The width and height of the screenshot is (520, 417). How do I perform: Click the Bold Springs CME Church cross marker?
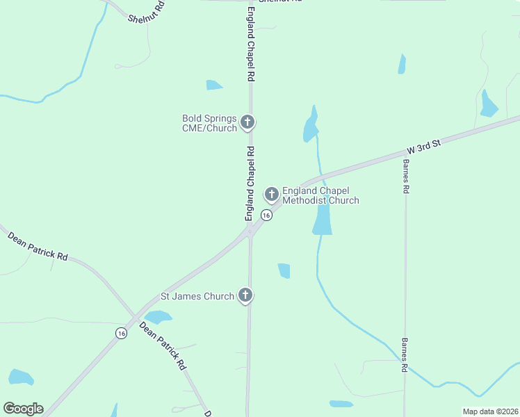[x=247, y=123]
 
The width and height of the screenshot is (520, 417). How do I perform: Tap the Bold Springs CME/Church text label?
[x=209, y=123]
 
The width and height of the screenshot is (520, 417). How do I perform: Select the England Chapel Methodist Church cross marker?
[x=272, y=193]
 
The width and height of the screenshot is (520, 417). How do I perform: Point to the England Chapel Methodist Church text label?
[x=320, y=195]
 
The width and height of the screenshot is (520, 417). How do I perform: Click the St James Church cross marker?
[x=245, y=295]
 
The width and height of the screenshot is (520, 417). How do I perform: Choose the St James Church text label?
[x=197, y=296]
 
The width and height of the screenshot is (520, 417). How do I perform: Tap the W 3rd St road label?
[x=424, y=145]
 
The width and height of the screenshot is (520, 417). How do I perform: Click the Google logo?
[x=23, y=409]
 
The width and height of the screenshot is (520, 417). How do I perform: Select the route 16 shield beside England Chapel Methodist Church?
[x=266, y=215]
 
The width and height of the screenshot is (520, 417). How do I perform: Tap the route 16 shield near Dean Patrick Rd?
[x=122, y=334]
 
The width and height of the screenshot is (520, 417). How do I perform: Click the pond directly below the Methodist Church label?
[x=323, y=220]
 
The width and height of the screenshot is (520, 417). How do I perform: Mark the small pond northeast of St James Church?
[x=284, y=270]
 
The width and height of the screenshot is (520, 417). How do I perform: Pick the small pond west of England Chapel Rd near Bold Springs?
[x=213, y=85]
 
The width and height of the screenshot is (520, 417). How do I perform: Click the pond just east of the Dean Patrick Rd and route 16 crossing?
[x=158, y=317]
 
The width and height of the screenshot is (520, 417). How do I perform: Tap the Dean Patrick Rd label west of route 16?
[x=38, y=247]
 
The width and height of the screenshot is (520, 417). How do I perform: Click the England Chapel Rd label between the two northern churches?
[x=250, y=183]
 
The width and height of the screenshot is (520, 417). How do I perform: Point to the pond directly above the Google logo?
[x=20, y=377]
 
